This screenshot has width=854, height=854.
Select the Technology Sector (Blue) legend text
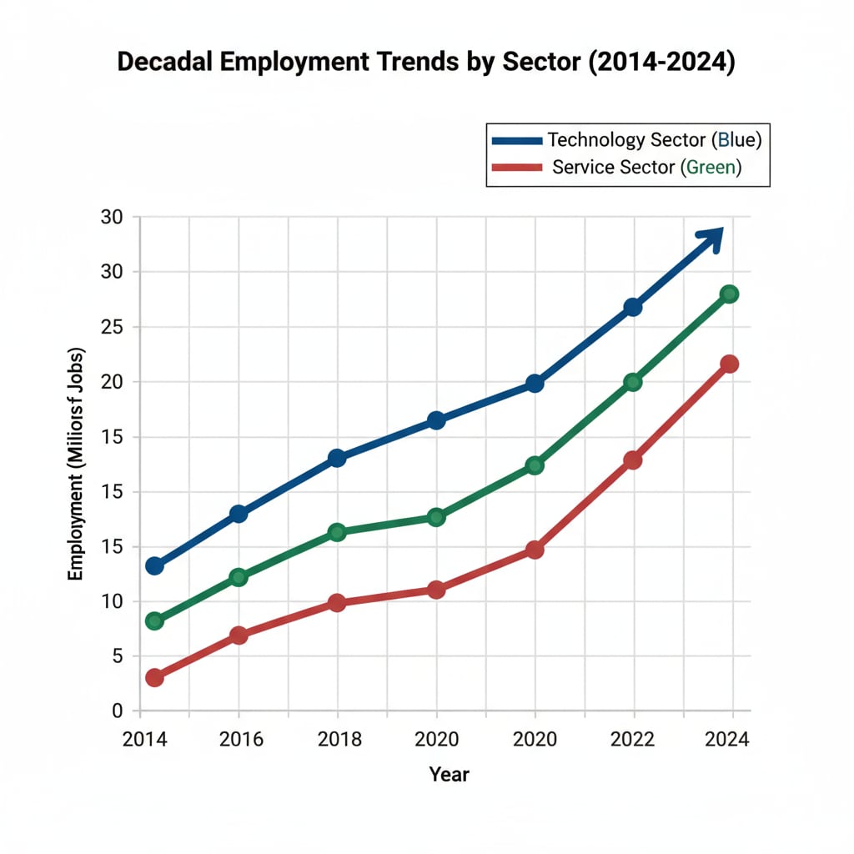point(654,139)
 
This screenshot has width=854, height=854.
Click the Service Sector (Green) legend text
point(647,167)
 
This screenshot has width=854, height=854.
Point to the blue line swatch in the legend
point(516,139)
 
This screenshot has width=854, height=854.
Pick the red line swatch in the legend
point(516,167)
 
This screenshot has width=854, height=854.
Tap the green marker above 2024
point(730,294)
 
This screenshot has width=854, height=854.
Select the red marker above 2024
point(730,364)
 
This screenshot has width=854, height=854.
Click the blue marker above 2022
point(633,307)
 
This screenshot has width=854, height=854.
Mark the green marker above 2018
point(336,532)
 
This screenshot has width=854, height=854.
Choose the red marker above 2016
point(239,635)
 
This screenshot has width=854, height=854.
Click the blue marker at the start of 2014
point(154,565)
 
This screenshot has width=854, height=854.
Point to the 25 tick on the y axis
point(112,327)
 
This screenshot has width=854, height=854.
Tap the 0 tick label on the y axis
point(117,711)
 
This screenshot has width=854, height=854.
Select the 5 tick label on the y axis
point(117,656)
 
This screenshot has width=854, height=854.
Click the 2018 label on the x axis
point(337,740)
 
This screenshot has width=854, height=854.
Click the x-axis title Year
point(449,775)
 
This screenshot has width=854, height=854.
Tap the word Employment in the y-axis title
point(76,535)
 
